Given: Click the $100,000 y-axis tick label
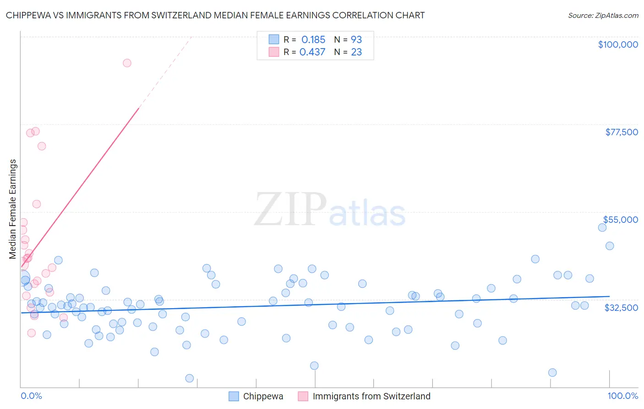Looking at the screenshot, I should (x=617, y=44).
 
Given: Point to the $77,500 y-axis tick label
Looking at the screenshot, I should (x=621, y=132).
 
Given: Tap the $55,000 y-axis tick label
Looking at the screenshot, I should (x=620, y=220).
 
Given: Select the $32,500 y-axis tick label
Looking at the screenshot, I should (x=621, y=308).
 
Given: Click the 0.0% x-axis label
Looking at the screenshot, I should (x=31, y=396).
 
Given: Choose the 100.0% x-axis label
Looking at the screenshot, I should (x=622, y=396).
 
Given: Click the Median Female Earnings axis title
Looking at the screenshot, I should (x=13, y=209).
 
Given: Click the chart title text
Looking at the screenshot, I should (x=215, y=15).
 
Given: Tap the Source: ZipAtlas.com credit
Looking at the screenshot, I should (x=603, y=15).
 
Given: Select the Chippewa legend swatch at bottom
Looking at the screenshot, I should (x=234, y=396).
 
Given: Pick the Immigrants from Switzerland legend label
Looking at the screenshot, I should (x=371, y=396).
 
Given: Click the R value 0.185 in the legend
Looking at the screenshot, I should (x=313, y=39).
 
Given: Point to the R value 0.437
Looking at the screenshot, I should (x=312, y=52).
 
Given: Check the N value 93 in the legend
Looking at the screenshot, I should (x=356, y=39).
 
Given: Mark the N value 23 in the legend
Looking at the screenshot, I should (x=356, y=52).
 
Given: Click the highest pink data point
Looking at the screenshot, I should (x=127, y=63).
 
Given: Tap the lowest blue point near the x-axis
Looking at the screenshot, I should (x=189, y=378).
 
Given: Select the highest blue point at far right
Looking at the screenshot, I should (x=602, y=227).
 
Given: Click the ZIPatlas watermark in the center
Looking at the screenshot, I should (x=330, y=210).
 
